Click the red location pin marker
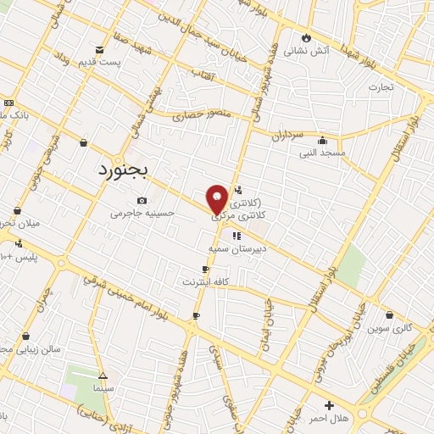click(218, 198)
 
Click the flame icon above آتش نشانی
click(306, 38)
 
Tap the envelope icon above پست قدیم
click(100, 50)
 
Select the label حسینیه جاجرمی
click(142, 214)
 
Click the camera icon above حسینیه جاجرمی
click(142, 201)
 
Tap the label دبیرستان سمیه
click(237, 248)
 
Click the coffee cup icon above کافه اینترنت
click(205, 269)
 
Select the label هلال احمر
click(329, 419)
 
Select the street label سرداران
click(288, 135)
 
